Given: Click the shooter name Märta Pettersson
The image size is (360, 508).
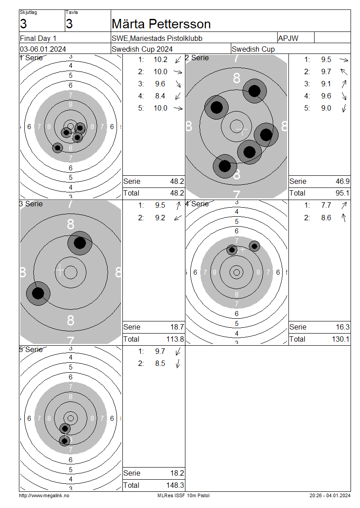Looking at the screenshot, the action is click(161, 24).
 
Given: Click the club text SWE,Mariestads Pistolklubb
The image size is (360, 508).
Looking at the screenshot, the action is click(157, 38).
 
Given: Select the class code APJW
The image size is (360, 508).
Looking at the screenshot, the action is click(288, 38).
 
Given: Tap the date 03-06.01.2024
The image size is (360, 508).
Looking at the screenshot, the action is click(43, 49).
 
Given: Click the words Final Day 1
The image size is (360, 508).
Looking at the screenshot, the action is click(38, 38).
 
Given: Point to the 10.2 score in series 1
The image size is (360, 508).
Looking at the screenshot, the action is click(161, 60).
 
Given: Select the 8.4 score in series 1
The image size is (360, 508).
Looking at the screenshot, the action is click(160, 96).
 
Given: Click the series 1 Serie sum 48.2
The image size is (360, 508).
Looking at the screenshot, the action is click(177, 182).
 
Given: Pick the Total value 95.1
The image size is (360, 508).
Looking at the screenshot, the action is click(342, 193).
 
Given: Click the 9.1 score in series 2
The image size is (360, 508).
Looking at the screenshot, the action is click(326, 84).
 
